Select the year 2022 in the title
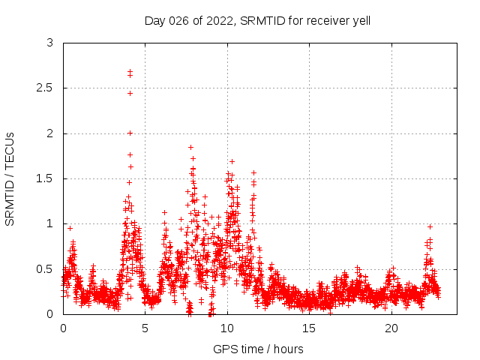click(217, 21)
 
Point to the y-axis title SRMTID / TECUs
click(10, 178)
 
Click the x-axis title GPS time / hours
click(258, 349)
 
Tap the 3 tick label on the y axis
click(49, 43)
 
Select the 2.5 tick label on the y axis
click(46, 88)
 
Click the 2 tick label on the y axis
click(49, 133)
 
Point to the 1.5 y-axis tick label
click(46, 178)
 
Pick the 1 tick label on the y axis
click(49, 223)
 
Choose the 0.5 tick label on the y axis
click(46, 268)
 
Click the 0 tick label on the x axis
click(63, 328)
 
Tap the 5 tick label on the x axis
click(145, 328)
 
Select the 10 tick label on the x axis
click(227, 328)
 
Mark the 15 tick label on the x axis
click(310, 328)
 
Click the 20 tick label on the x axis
click(391, 328)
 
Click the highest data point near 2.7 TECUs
click(130, 71)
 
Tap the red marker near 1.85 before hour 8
click(190, 147)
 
